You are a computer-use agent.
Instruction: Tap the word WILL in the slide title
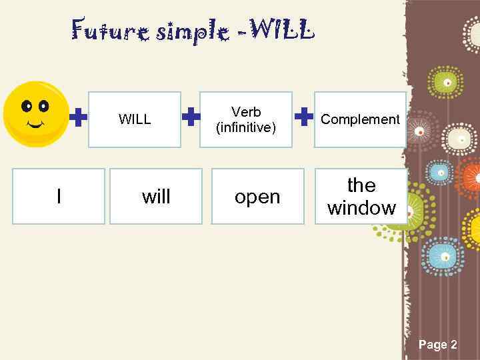pyautogui.click(x=280, y=30)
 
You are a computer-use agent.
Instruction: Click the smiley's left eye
pyautogui.click(x=27, y=106)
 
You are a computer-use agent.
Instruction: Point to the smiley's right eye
pyautogui.click(x=44, y=106)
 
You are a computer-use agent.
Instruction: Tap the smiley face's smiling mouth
pyautogui.click(x=35, y=123)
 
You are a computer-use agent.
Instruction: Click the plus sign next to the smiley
pyautogui.click(x=79, y=119)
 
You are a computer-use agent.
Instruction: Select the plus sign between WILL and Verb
pyautogui.click(x=191, y=118)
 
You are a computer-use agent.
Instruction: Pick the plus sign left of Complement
pyautogui.click(x=304, y=118)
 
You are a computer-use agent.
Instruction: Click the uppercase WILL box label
pyautogui.click(x=135, y=120)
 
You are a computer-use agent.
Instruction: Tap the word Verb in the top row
pyautogui.click(x=246, y=112)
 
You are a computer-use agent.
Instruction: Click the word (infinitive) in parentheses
pyautogui.click(x=246, y=127)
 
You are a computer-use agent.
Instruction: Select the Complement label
pyautogui.click(x=360, y=119)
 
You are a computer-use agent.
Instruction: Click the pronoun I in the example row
pyautogui.click(x=59, y=196)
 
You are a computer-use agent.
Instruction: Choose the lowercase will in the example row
pyautogui.click(x=156, y=197)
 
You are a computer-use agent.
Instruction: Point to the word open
pyautogui.click(x=257, y=197)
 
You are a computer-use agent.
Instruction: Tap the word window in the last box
pyautogui.click(x=361, y=208)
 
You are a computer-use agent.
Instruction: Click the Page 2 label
pyautogui.click(x=437, y=345)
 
